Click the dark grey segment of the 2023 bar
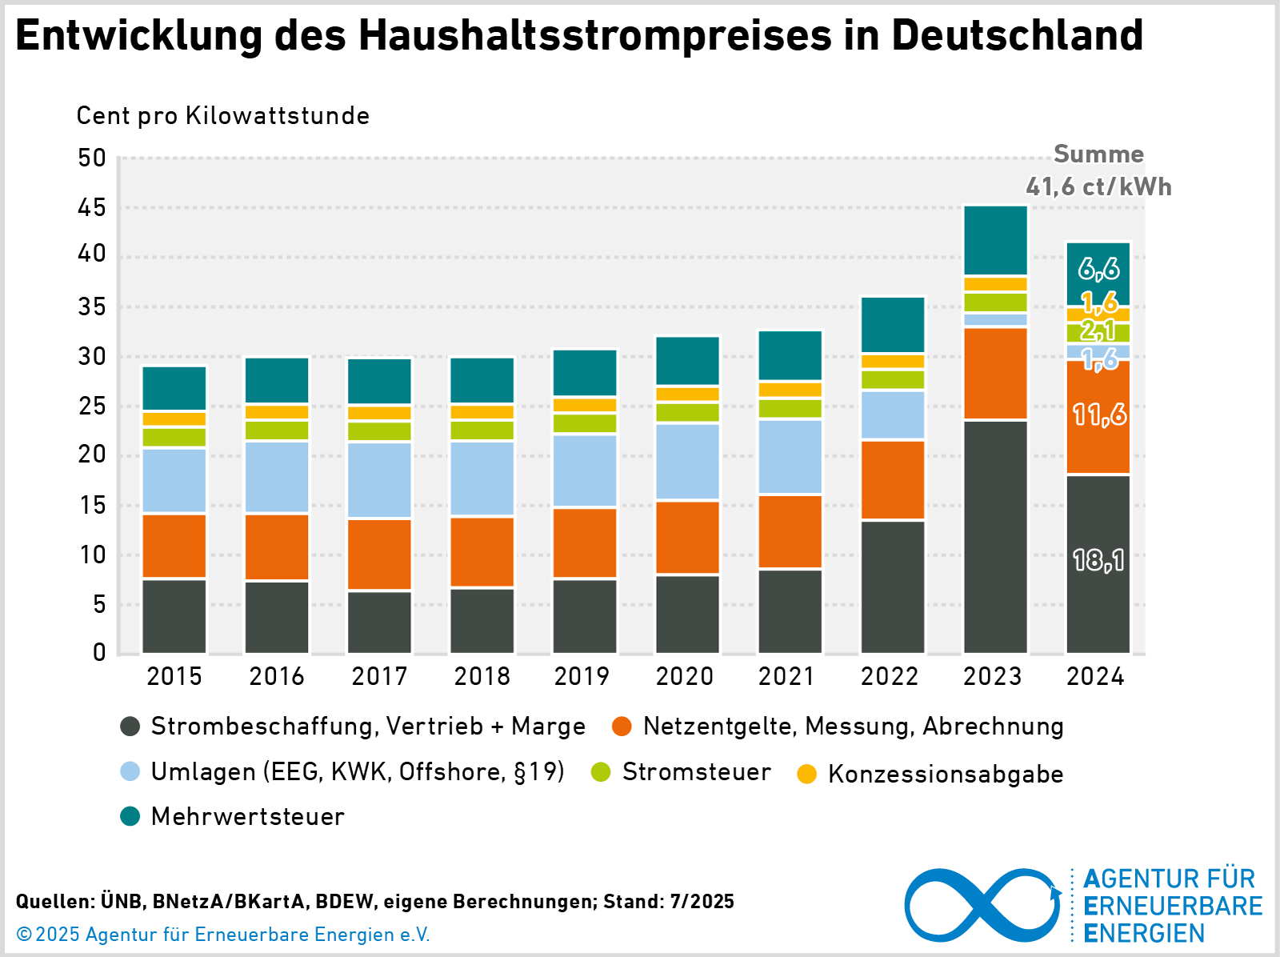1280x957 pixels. (995, 536)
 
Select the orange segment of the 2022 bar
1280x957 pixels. (893, 479)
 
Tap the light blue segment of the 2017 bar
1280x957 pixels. (379, 480)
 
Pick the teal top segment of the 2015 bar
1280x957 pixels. (174, 388)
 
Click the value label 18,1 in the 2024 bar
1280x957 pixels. (1098, 560)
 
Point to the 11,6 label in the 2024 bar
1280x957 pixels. (1099, 414)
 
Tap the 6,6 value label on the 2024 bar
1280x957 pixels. (1098, 269)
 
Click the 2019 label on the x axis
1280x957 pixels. (582, 677)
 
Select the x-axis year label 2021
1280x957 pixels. (786, 677)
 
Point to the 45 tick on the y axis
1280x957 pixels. (92, 208)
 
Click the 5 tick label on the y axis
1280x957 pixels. (99, 605)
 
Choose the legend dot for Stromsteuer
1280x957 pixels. (601, 772)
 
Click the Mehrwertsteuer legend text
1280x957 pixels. (247, 817)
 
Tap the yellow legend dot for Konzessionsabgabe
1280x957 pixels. (807, 775)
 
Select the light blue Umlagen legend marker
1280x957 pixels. (130, 772)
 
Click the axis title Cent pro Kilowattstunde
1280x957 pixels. (222, 116)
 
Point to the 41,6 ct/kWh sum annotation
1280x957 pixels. (1098, 186)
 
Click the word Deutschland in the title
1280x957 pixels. (1017, 35)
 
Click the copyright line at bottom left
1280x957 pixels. (223, 935)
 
